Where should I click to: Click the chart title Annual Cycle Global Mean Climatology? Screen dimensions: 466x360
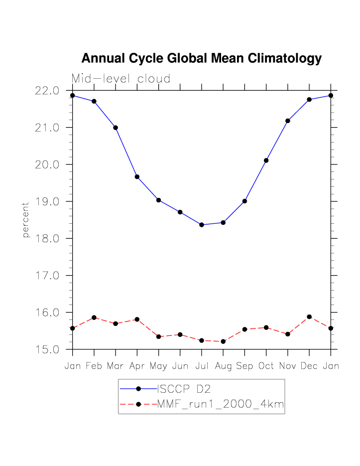point(201,58)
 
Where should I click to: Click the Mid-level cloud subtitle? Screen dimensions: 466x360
point(121,79)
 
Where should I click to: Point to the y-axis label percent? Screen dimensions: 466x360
point(26,220)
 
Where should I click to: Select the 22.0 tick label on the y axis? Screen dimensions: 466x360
point(47,91)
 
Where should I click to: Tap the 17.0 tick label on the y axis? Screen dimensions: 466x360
point(47,276)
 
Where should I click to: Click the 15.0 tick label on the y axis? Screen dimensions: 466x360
point(47,349)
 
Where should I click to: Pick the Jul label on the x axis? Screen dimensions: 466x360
point(202,366)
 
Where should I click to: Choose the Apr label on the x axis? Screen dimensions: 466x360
point(137,366)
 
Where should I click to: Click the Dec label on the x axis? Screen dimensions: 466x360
point(309,366)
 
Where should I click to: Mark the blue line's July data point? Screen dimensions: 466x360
point(202,225)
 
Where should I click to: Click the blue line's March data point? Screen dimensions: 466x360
point(116,128)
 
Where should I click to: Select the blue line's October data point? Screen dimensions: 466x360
point(266,160)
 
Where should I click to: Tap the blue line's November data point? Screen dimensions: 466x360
point(288,121)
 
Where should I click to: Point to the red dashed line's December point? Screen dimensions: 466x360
point(309,317)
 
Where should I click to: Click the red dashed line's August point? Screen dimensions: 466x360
point(223,341)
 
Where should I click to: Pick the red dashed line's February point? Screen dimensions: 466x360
point(94,317)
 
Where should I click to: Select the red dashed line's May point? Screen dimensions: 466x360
point(158,337)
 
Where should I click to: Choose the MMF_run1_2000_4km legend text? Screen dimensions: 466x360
point(221,405)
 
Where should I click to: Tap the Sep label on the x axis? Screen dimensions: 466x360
point(244,366)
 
